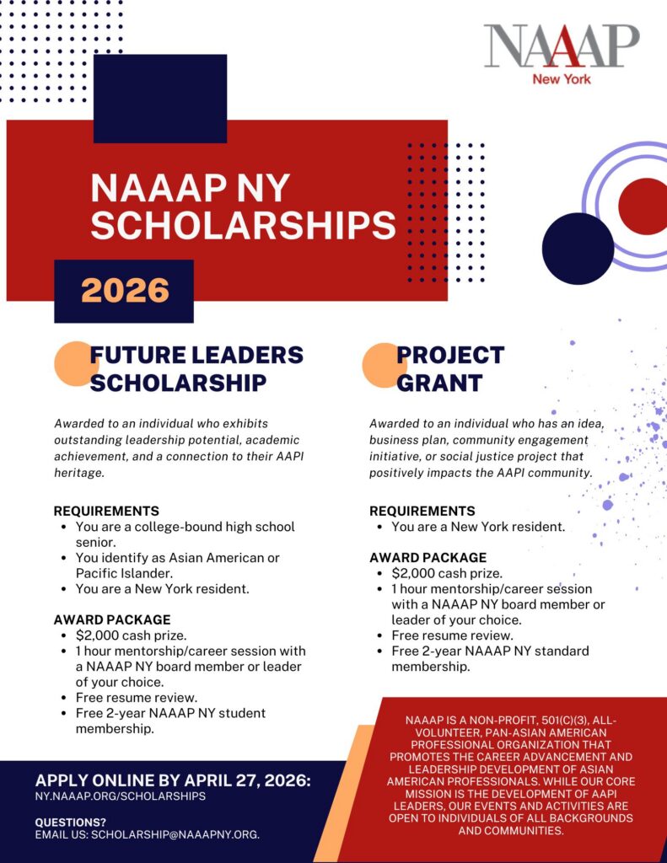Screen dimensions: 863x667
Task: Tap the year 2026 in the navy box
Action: (x=125, y=291)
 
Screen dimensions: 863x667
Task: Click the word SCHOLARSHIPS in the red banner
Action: (x=243, y=225)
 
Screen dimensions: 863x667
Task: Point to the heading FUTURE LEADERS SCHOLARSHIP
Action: (x=196, y=368)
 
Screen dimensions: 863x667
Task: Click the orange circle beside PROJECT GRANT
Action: (x=384, y=365)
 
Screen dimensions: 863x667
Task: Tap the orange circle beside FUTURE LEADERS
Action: (x=75, y=363)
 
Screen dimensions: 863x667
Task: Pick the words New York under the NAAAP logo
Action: (x=561, y=79)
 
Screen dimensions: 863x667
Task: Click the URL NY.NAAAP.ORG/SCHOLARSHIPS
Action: (x=121, y=796)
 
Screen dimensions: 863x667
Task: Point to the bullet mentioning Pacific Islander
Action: (x=177, y=566)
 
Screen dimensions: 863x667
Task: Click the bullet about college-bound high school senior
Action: (x=186, y=534)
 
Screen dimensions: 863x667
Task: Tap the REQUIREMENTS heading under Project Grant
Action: (x=422, y=511)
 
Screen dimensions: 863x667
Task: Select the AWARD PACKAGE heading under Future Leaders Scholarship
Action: (x=112, y=619)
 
